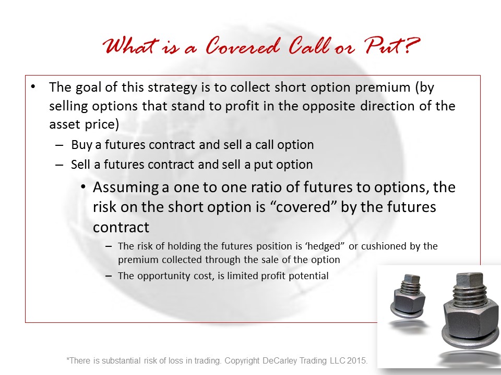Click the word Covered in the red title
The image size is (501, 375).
[x=243, y=46]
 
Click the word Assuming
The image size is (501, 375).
[x=126, y=188]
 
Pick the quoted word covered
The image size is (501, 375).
[x=302, y=207]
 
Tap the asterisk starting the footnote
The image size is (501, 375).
[x=68, y=359]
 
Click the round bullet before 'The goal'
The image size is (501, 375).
[x=33, y=87]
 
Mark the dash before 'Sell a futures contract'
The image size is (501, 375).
[x=59, y=165]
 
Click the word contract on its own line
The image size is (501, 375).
[x=121, y=228]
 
